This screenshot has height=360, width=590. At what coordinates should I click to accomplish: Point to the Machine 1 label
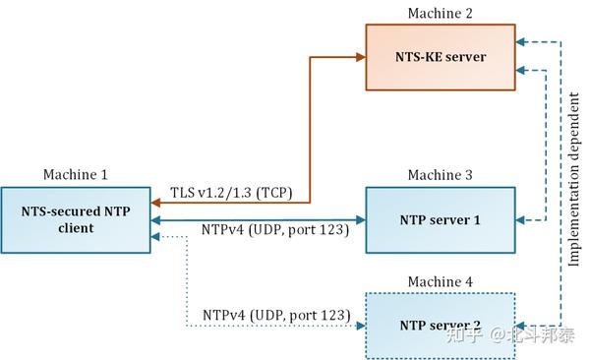tap(76, 175)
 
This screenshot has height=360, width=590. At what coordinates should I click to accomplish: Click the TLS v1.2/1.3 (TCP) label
tap(229, 192)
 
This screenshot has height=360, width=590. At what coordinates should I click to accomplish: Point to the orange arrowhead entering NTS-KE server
tap(359, 58)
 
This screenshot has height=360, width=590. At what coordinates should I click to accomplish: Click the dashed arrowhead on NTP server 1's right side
tap(523, 219)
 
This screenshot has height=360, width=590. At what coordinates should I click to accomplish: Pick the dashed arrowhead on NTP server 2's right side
tap(523, 325)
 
